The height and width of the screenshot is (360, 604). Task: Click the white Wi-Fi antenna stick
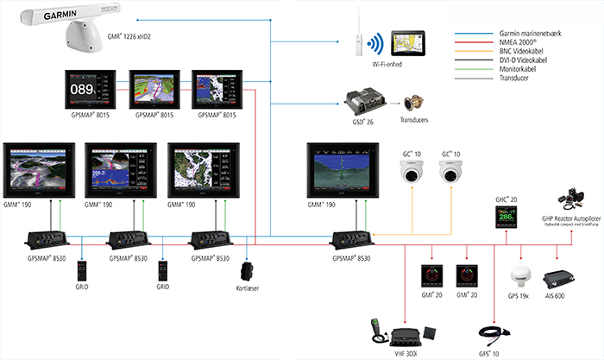pyautogui.click(x=355, y=40)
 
